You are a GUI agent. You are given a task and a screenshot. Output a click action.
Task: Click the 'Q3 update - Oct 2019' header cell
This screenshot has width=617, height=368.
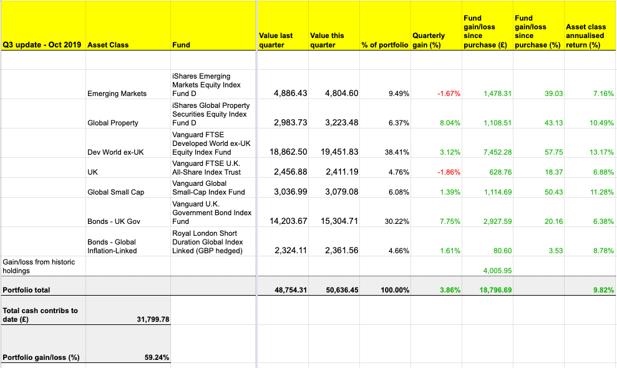point(42,45)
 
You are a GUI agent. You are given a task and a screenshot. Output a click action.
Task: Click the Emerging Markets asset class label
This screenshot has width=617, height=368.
point(117,94)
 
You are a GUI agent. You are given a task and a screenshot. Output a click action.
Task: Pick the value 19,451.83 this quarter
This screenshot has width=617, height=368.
point(341,152)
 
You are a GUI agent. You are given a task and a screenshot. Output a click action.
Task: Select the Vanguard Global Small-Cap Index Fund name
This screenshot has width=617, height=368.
point(208,188)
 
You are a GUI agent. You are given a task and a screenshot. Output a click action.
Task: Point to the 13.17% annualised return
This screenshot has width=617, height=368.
point(601,152)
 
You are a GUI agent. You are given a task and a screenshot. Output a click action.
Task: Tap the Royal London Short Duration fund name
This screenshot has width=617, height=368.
point(207,242)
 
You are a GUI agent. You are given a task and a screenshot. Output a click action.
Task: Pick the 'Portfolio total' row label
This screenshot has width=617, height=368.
point(26,290)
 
